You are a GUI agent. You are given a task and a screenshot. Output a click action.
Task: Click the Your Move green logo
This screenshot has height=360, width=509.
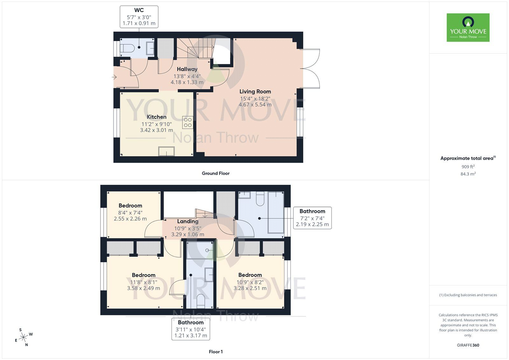coord(468,27)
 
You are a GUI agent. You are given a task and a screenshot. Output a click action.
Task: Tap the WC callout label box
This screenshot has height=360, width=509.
coord(139,17)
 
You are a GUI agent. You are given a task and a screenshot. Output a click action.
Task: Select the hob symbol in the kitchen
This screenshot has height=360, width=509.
coord(188,123)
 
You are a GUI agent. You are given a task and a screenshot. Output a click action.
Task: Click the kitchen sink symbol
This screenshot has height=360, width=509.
coord(167,151)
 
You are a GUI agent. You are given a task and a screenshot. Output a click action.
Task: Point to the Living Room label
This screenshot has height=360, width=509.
coord(255,92)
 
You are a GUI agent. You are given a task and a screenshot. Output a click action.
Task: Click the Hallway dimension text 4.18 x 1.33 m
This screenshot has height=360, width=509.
coord(187,82)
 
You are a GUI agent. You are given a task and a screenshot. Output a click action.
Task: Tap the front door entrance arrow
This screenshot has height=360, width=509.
coord(114,77)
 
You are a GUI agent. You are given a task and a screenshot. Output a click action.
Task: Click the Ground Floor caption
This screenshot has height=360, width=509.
coord(215,173)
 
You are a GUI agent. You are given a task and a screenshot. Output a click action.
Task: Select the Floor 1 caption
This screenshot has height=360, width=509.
coord(216,352)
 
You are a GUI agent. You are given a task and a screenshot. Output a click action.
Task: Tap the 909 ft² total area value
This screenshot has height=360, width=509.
coord(468,166)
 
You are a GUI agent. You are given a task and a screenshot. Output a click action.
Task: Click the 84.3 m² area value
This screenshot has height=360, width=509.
coord(468,174)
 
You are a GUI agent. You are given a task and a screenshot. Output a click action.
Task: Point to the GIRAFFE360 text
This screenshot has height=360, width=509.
coord(468,345)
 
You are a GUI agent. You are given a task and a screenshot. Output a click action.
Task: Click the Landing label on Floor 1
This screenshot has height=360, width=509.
coord(188,221)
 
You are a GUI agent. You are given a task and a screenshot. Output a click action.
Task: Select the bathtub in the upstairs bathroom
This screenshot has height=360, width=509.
coord(276,212)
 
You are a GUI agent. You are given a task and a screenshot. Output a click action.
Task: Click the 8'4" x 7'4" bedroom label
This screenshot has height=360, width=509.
coord(130,212)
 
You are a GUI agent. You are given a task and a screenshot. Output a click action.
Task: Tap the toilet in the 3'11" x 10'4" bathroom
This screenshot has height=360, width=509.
coord(201,301)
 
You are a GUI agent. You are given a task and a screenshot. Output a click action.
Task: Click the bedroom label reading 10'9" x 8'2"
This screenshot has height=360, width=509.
coord(250,282)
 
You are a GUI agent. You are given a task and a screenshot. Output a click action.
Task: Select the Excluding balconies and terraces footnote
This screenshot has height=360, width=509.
coord(468,295)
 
